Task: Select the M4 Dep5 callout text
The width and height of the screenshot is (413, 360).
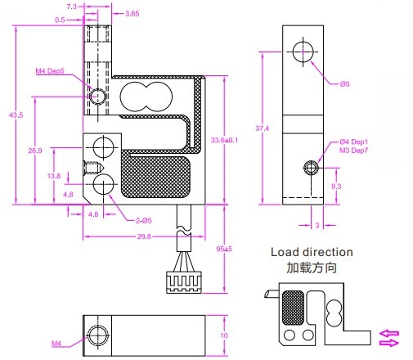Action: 51,71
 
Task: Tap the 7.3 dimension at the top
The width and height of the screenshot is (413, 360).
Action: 71,6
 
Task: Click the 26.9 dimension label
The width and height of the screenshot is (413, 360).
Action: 35,151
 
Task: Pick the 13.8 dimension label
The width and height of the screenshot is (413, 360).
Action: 55,176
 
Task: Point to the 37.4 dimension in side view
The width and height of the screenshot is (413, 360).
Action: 261,128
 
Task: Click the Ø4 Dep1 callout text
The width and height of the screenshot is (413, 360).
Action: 354,142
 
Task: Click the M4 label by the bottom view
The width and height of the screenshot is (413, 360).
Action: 56,344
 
